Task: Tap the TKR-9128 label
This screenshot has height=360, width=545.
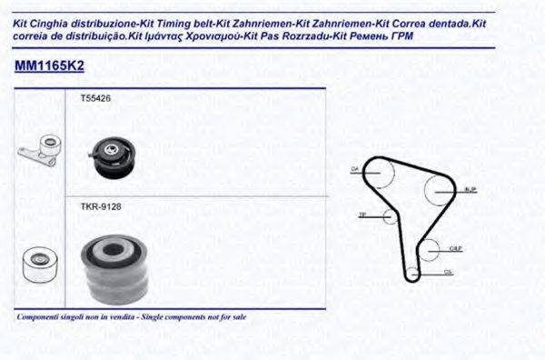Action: click(101, 207)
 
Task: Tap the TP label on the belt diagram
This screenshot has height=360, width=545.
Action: click(362, 215)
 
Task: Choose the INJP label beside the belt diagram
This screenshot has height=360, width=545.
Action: click(470, 190)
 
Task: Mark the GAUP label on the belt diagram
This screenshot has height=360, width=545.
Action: click(458, 247)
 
